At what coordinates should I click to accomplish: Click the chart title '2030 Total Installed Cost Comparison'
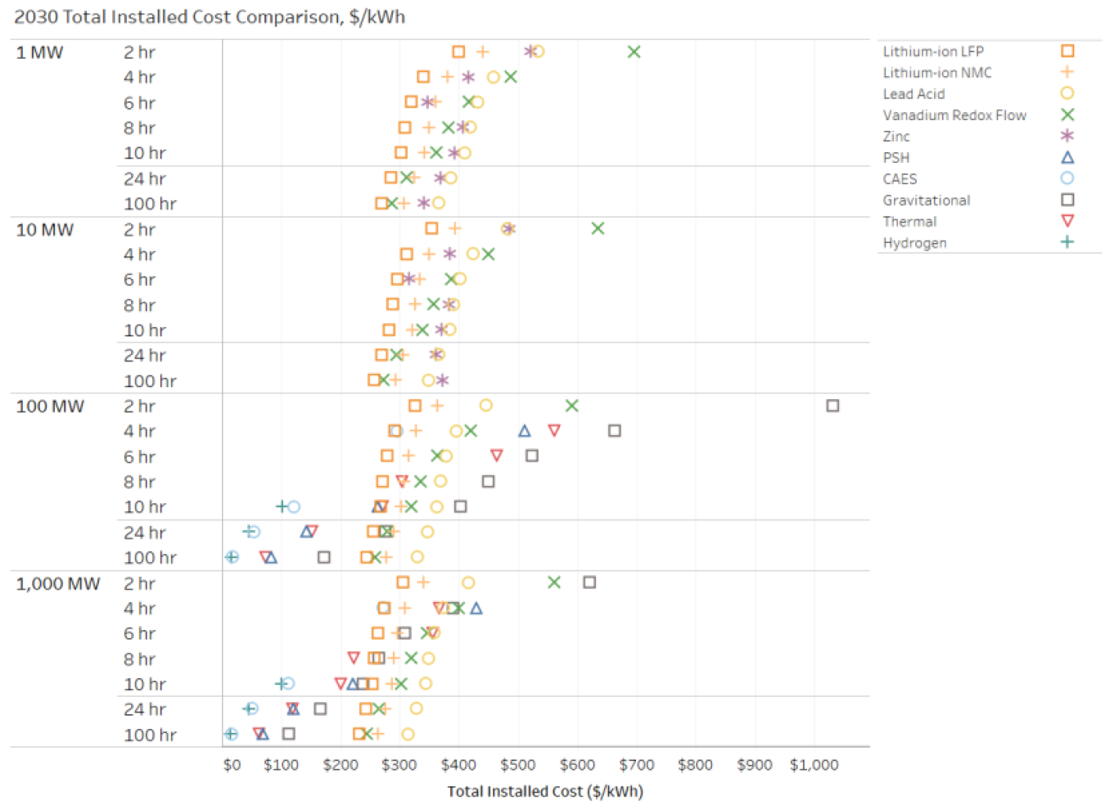pos(209,17)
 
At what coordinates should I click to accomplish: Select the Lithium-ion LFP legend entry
pos(933,52)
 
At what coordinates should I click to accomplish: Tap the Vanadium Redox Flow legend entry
pos(954,115)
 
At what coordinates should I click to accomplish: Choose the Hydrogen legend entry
pos(914,243)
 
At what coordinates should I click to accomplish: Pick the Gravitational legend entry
pos(926,200)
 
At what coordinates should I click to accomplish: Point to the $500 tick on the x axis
pos(517,765)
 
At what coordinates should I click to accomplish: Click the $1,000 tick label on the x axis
pos(814,765)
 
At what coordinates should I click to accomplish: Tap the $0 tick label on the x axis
pos(232,765)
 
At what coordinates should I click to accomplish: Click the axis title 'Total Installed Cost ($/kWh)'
pos(545,791)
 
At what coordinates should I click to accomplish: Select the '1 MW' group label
pos(39,52)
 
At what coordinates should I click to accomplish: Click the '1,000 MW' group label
pos(57,584)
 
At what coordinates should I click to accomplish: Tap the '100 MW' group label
pos(50,407)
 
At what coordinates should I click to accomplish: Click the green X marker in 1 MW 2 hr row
pos(634,52)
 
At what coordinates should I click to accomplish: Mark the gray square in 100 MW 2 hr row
pos(832,406)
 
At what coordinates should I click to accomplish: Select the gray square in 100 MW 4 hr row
pos(615,431)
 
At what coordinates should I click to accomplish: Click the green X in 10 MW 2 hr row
pos(598,229)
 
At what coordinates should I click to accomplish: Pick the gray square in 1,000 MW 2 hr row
pos(589,582)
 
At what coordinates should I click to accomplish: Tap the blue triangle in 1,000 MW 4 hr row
pos(476,608)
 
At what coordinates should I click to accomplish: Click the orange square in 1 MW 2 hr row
pos(458,52)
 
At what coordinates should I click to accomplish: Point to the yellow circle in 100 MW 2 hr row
pos(485,406)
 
